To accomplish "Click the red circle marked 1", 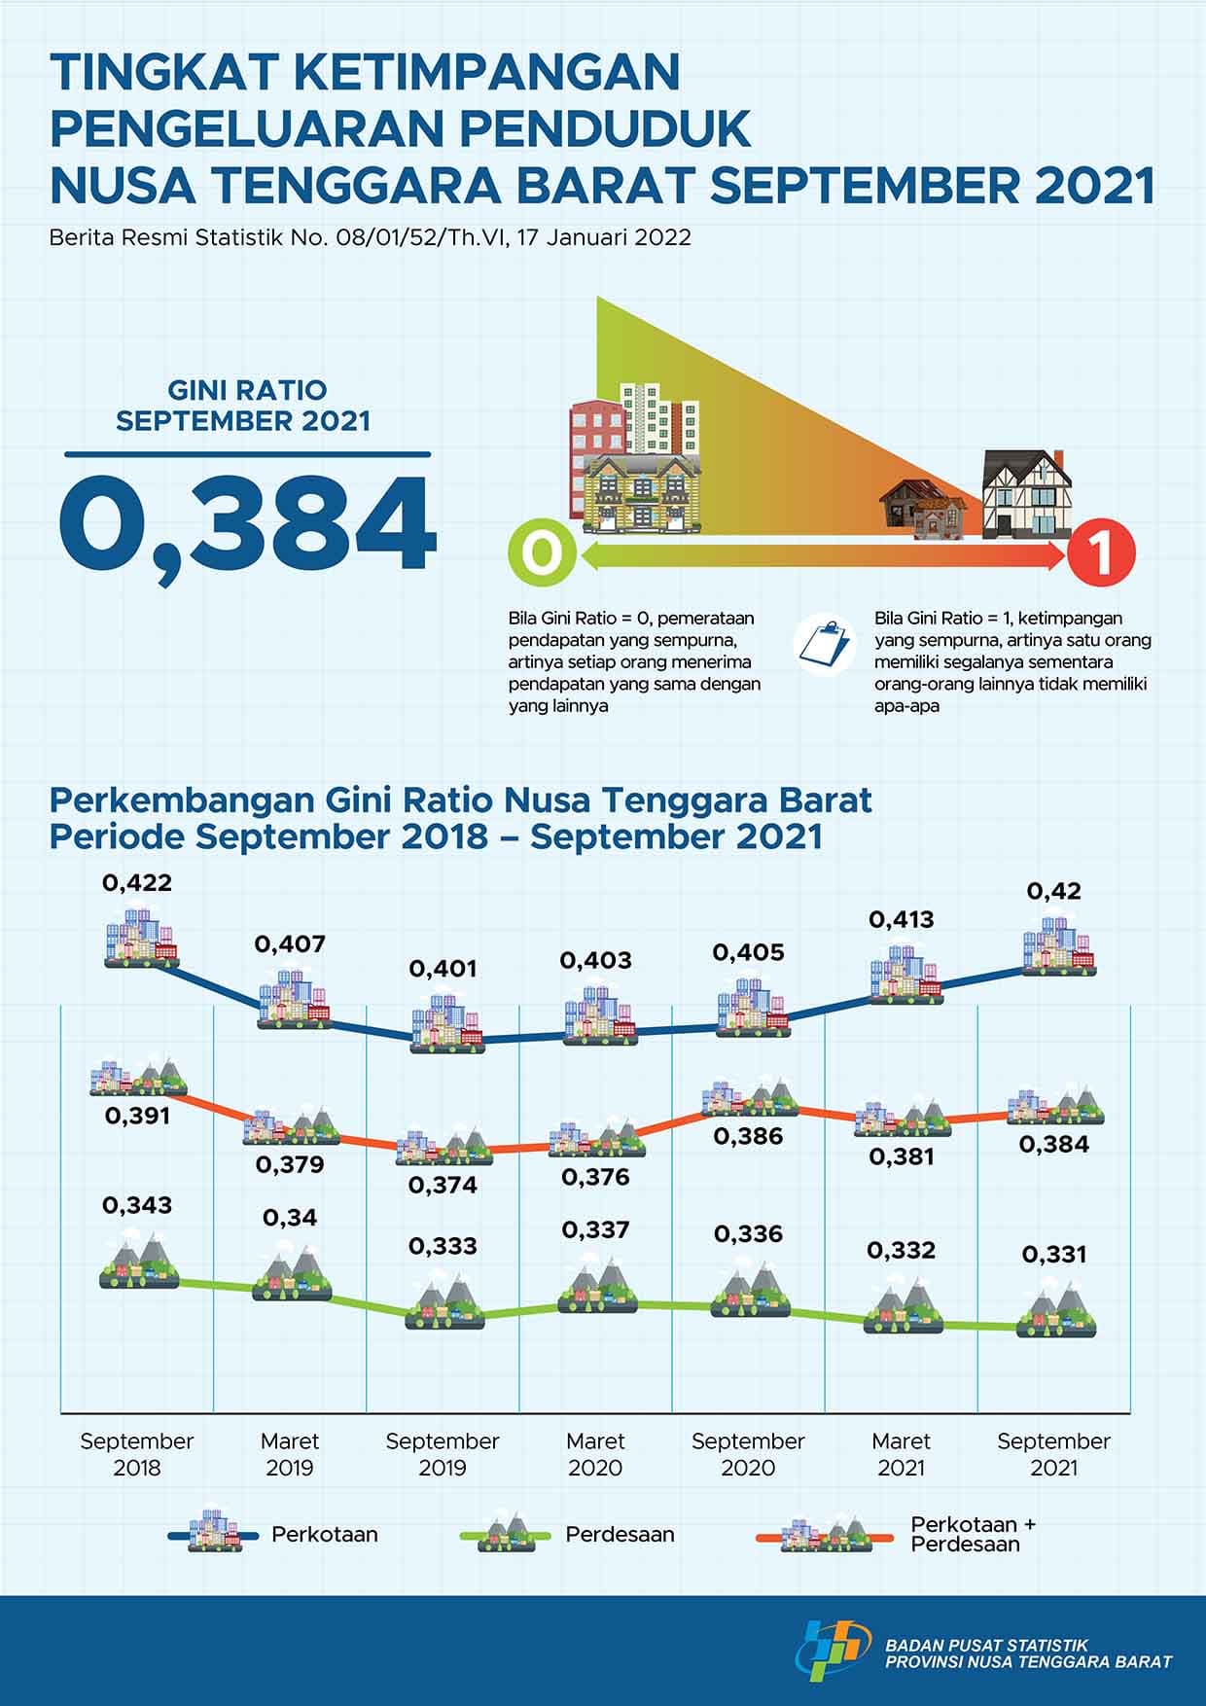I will point(1101,555).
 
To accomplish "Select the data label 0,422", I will point(137,883).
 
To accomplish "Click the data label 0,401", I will point(443,969).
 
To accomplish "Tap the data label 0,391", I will point(137,1116).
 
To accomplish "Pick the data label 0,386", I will point(748,1136).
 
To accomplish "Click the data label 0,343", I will point(137,1205).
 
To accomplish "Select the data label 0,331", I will point(1054,1255).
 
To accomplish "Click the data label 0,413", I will point(902,919).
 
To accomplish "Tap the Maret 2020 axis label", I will point(595,1454).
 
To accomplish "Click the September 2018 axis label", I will point(137,1454).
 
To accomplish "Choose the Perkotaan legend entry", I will point(324,1535).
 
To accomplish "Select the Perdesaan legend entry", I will point(620,1535).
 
